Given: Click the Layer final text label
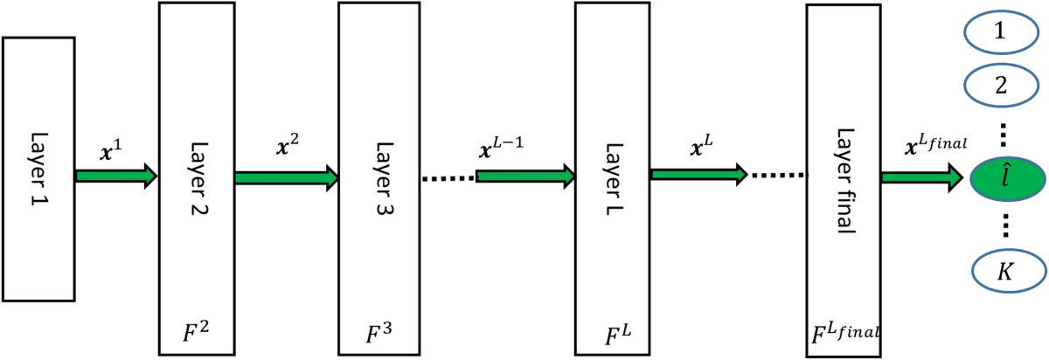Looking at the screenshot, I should [x=844, y=176].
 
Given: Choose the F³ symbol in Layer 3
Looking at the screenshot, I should [x=377, y=333].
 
